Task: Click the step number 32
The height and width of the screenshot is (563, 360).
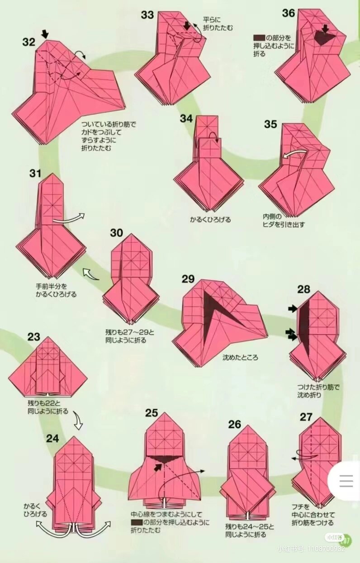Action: click(x=28, y=42)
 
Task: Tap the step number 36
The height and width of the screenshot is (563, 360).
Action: click(x=289, y=13)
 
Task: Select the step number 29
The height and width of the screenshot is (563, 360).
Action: click(x=188, y=279)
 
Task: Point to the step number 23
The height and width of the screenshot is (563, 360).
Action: click(x=33, y=337)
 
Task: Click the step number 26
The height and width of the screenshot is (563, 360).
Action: click(x=235, y=424)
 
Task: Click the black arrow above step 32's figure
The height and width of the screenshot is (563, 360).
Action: click(x=45, y=34)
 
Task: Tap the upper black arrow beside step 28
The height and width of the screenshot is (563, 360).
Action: click(x=293, y=308)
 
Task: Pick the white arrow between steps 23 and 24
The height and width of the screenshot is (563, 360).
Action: click(x=78, y=421)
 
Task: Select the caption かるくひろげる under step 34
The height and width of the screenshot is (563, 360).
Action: click(x=210, y=220)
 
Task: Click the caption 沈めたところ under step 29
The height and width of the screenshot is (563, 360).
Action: click(x=240, y=357)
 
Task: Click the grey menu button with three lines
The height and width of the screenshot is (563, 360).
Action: click(x=346, y=481)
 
